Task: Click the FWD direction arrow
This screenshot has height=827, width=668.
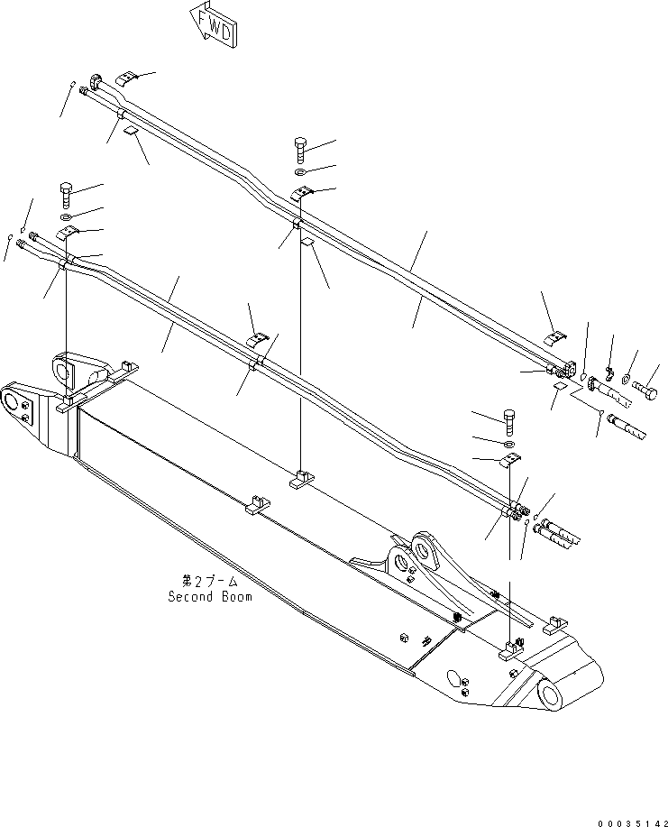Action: click(x=213, y=24)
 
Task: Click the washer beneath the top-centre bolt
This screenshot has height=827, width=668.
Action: click(x=301, y=171)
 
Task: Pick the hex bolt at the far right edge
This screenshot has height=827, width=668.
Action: click(x=646, y=391)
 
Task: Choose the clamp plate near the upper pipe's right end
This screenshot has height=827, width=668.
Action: click(x=554, y=336)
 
